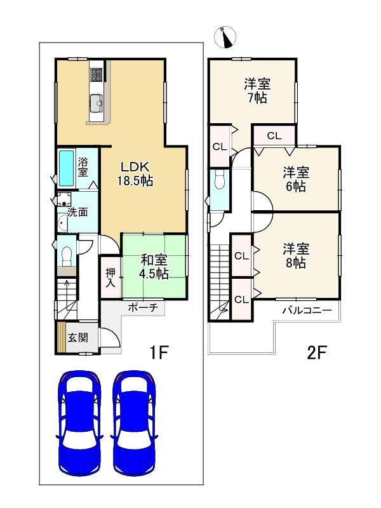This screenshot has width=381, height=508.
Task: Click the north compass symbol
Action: point(225,37)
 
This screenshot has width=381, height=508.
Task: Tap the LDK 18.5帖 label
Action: point(135,174)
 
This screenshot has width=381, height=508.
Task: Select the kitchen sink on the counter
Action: point(96,103)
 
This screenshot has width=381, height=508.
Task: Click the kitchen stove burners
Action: point(97,75)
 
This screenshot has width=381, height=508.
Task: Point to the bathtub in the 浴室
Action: point(67,168)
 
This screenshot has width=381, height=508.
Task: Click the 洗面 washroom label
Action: point(77,212)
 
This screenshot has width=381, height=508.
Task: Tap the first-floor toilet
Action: point(67,256)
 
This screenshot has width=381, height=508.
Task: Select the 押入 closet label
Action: point(110,277)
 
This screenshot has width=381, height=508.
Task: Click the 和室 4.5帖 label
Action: point(154,267)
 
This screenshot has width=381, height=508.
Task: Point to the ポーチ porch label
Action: point(143,307)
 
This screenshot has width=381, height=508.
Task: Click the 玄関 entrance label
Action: point(77,338)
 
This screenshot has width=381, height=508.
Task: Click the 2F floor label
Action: point(317,353)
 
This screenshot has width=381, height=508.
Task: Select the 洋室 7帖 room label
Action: point(257,91)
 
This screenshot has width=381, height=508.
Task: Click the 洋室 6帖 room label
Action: point(296,179)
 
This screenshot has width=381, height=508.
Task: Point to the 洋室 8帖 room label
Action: point(296,256)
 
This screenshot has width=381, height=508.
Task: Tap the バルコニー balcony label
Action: point(307,311)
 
